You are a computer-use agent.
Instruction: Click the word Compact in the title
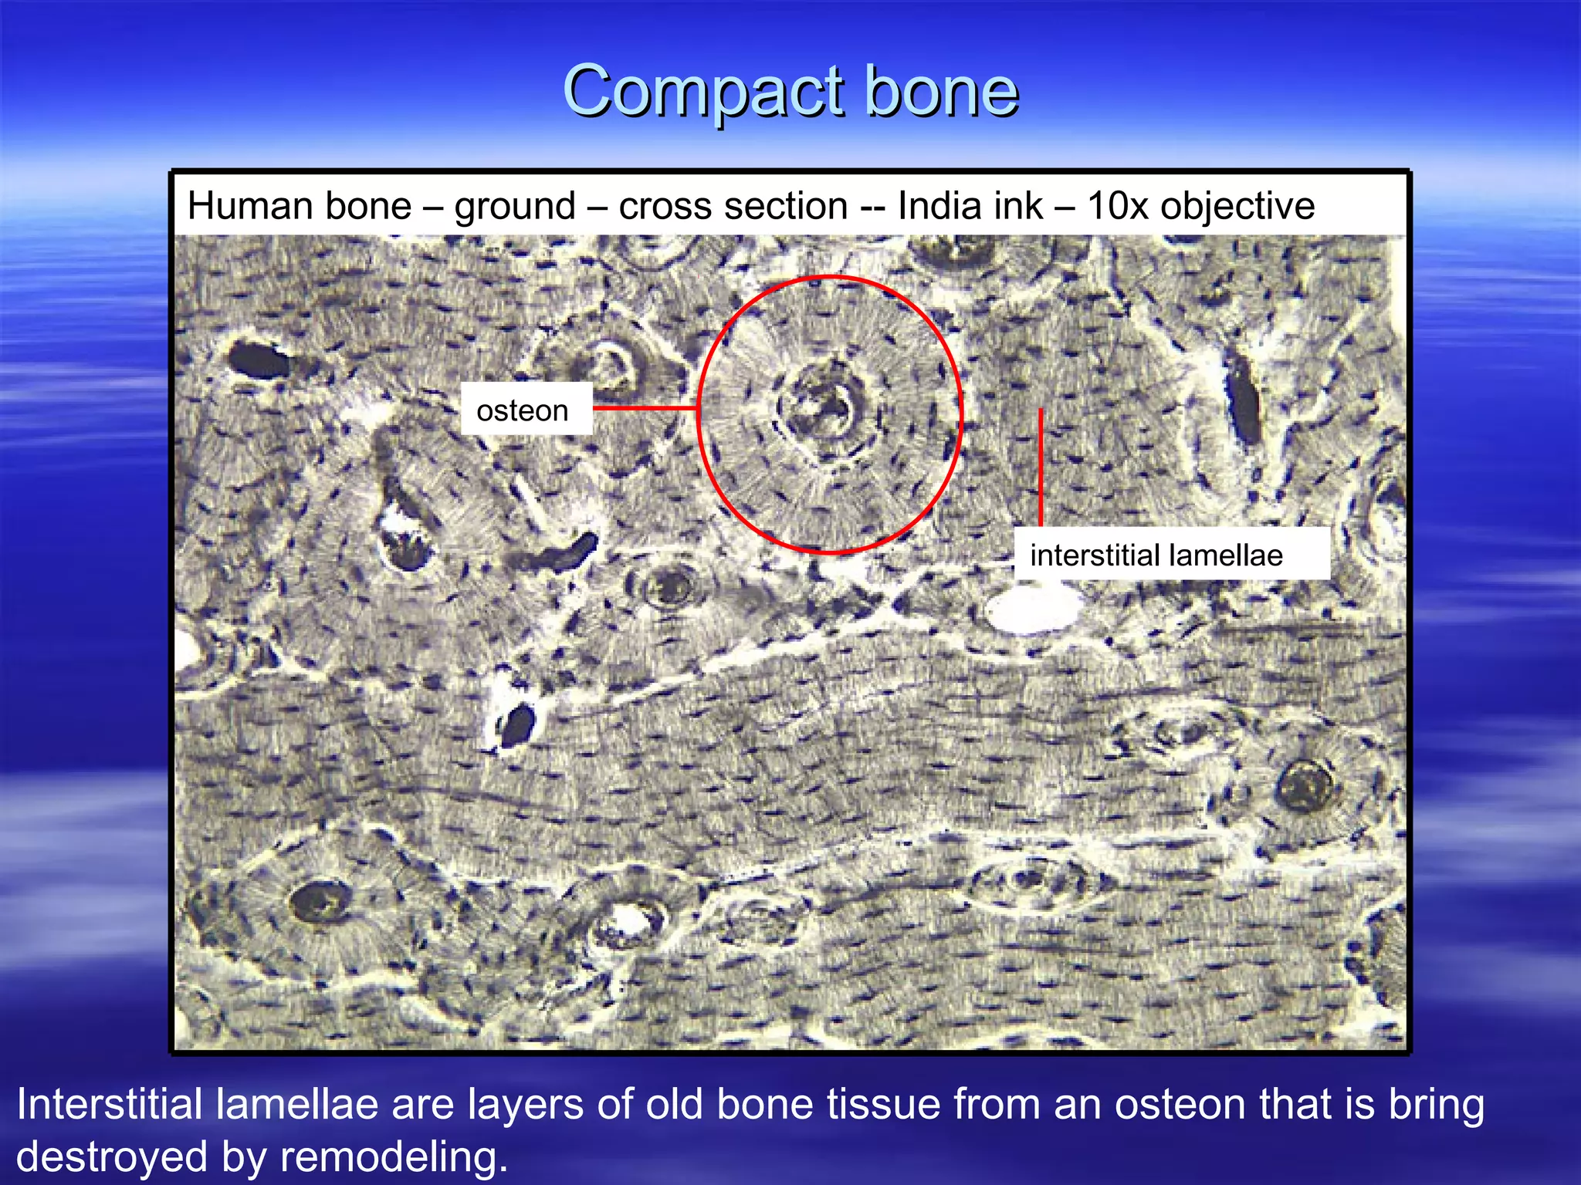pos(703,93)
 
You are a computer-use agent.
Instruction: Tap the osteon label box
pos(526,410)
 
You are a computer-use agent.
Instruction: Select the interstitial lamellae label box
pos(1170,555)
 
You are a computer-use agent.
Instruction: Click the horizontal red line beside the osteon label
pos(645,408)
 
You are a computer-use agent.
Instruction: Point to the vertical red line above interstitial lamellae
pos(1041,467)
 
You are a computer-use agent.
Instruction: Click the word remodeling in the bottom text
pos(394,1158)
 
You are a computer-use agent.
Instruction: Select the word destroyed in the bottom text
pos(112,1158)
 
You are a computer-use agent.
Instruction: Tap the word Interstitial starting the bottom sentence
pos(108,1104)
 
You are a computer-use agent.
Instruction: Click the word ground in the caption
pos(515,207)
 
